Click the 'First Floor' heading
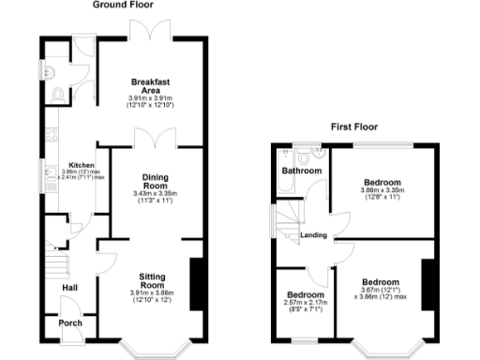pos(356,126)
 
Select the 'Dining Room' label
pos(155,181)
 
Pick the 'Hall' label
pos(69,288)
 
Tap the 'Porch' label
pos(69,323)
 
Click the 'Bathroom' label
pos(302,172)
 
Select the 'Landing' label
pos(313,235)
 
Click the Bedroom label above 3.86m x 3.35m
pos(382,182)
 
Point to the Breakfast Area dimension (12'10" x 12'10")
pos(151,105)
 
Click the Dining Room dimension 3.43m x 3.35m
pos(155,194)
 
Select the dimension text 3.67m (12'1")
pos(381,290)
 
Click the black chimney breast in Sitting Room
pos(197,281)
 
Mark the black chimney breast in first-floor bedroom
pos(428,287)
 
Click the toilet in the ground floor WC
pos(60,94)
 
